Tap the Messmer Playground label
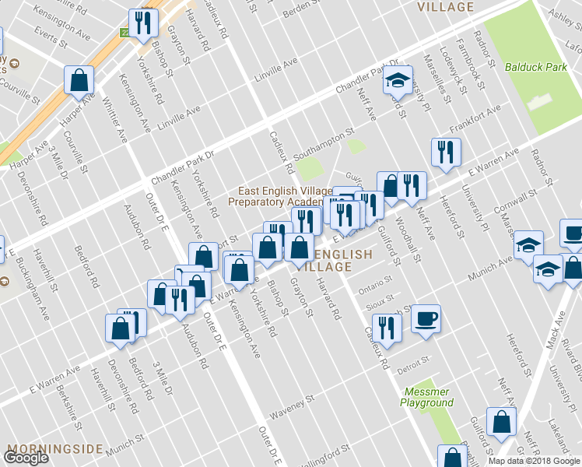[x=427, y=397]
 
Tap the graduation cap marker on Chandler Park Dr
[x=397, y=80]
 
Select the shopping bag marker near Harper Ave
[x=79, y=79]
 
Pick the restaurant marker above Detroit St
[x=384, y=327]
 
